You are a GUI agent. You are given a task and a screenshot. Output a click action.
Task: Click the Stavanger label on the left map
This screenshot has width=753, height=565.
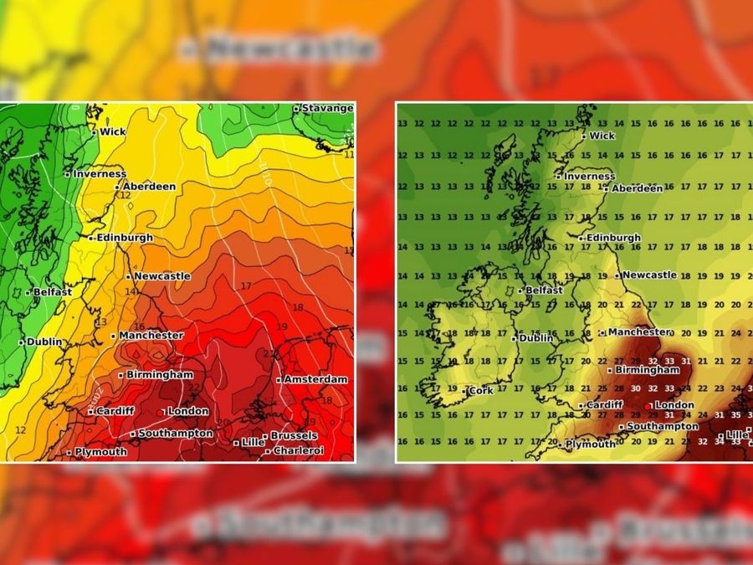point(327,108)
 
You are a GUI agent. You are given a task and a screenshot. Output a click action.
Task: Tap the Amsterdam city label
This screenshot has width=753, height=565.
point(315,379)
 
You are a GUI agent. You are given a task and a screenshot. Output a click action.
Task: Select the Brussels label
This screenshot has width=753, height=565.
point(293,435)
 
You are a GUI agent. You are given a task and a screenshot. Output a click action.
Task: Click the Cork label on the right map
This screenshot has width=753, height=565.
point(480,390)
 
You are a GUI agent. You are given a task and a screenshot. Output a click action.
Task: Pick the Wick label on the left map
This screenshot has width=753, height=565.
point(112,131)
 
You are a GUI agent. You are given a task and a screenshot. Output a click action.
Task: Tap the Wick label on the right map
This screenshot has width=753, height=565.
point(602,136)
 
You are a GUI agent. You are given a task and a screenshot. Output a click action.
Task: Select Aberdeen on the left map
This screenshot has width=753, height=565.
point(150,186)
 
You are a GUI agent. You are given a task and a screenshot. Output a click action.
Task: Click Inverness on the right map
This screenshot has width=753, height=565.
point(589,177)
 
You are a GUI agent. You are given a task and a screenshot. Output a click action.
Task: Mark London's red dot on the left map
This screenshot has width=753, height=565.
point(162,412)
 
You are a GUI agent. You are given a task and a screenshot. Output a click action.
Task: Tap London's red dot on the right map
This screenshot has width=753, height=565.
point(649,406)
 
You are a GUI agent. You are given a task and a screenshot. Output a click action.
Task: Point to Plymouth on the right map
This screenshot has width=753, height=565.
point(591,444)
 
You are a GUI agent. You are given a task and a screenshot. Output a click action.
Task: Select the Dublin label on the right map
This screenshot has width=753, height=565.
point(535,338)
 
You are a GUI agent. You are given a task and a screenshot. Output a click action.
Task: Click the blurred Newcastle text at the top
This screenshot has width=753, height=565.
point(289,49)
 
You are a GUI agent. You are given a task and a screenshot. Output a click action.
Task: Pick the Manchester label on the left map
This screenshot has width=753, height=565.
point(151,335)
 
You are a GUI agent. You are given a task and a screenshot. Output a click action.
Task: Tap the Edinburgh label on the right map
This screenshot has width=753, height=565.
point(612,238)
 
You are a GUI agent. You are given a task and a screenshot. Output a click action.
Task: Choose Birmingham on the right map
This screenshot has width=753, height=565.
point(647,369)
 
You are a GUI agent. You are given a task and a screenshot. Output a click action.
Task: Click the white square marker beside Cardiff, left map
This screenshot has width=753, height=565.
point(90,412)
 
